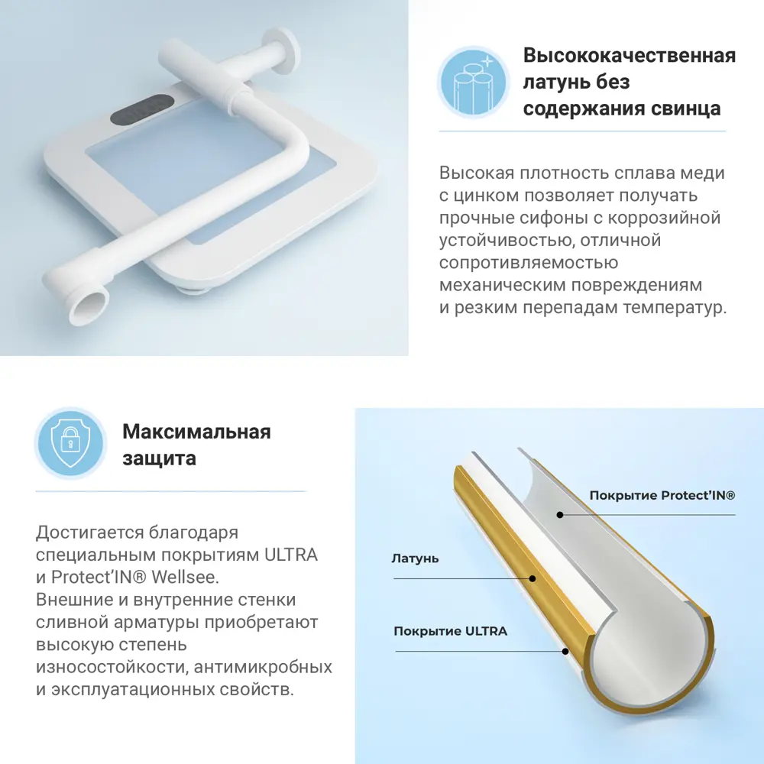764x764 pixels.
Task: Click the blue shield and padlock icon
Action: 70,443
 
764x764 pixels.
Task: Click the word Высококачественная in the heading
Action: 630,56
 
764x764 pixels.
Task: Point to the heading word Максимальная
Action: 196,432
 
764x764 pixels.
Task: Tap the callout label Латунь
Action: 415,558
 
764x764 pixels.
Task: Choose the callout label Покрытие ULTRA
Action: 450,631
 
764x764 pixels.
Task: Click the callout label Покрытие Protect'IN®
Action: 662,496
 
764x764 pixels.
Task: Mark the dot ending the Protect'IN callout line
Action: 560,515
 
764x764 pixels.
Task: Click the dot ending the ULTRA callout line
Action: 565,651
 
